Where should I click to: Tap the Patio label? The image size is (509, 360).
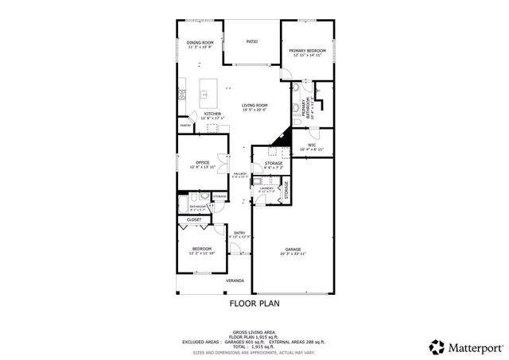point(251,41)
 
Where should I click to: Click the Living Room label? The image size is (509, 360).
point(254,105)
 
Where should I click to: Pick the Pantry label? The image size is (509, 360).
point(185,126)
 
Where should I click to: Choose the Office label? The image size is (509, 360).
point(202,163)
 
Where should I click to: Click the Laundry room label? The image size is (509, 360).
point(266,188)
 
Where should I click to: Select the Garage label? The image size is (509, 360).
point(293,250)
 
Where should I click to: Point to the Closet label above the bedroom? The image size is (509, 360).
point(194,219)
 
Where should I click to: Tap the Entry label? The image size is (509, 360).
point(239,233)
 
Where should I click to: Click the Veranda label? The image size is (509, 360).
point(235,281)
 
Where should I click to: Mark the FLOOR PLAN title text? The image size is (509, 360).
point(254,303)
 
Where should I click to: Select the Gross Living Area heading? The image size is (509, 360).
point(254,332)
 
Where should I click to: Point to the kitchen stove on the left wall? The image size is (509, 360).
point(181,94)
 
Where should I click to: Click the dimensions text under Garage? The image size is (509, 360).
point(293,254)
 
